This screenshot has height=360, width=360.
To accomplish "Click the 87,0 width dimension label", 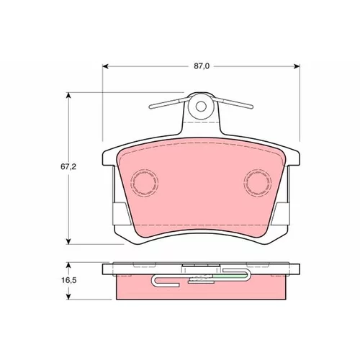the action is [x=202, y=66].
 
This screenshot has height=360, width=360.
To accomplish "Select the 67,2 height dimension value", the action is [x=68, y=166].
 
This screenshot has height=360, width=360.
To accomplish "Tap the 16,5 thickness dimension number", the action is [x=69, y=280].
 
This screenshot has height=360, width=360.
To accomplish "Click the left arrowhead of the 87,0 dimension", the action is [x=105, y=66].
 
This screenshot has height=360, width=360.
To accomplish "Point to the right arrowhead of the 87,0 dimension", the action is [x=297, y=66].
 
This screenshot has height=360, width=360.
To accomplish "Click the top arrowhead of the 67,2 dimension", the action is [x=68, y=95].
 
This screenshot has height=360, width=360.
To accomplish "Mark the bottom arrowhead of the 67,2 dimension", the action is [x=68, y=241].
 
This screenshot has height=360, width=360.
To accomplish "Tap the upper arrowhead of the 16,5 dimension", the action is [x=69, y=265].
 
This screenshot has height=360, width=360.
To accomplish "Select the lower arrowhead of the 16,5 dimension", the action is [x=69, y=297].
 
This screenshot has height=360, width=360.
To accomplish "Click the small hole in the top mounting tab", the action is [x=201, y=107].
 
